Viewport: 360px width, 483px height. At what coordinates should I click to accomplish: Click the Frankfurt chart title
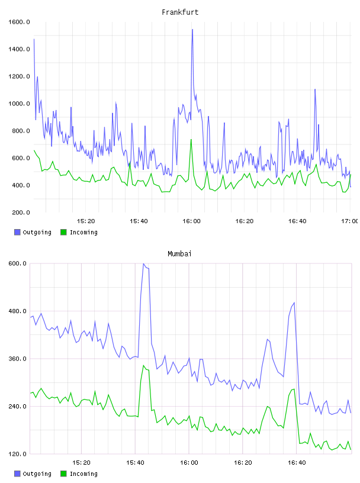(180, 12)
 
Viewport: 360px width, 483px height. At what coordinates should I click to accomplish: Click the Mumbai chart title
(179, 254)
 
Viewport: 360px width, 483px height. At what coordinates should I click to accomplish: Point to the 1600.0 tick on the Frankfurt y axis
(19, 22)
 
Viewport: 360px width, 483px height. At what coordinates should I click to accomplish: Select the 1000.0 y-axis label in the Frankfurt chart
(19, 104)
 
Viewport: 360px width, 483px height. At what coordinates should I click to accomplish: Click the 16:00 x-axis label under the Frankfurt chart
(191, 221)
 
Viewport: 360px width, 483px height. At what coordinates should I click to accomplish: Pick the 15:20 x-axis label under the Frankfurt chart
(86, 221)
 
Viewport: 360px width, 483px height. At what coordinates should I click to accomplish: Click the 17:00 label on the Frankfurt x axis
(350, 221)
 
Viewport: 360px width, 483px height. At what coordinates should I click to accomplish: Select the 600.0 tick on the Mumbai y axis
(17, 263)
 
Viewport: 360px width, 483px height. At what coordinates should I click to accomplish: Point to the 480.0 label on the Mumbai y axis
(17, 311)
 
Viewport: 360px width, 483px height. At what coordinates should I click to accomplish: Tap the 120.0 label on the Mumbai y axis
(17, 454)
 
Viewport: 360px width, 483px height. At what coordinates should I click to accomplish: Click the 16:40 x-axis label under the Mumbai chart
(297, 463)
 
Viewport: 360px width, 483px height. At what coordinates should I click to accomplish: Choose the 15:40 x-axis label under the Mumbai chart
(135, 463)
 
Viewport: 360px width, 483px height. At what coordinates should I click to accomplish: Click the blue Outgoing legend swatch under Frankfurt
(17, 232)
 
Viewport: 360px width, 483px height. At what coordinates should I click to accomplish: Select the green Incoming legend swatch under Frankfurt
(63, 232)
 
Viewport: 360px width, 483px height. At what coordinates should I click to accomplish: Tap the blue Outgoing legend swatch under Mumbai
(17, 474)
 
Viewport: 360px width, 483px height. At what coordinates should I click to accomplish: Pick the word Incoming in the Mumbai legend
(83, 474)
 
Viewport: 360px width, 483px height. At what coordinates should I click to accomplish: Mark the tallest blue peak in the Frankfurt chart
(192, 30)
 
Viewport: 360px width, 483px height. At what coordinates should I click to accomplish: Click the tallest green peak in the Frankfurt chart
(191, 140)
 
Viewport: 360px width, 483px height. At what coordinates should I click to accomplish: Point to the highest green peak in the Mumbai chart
(143, 366)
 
